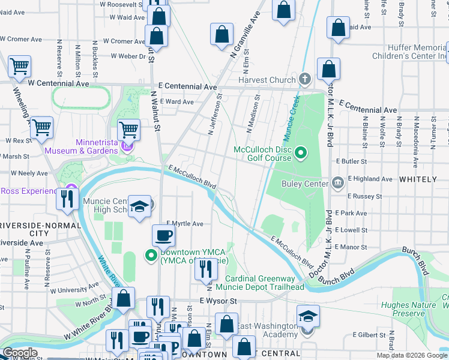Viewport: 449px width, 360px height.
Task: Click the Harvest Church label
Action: (267, 80)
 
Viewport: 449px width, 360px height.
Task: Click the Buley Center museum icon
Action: (338, 182)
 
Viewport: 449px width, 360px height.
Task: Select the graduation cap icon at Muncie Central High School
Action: (139, 207)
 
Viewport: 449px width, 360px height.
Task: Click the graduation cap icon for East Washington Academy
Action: (308, 316)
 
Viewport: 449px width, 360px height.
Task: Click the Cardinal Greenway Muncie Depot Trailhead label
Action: (265, 283)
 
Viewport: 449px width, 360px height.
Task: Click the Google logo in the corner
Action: (20, 352)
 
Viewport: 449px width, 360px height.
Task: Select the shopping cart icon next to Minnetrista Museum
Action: (129, 129)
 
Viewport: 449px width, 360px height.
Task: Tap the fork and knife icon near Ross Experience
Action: (67, 198)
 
